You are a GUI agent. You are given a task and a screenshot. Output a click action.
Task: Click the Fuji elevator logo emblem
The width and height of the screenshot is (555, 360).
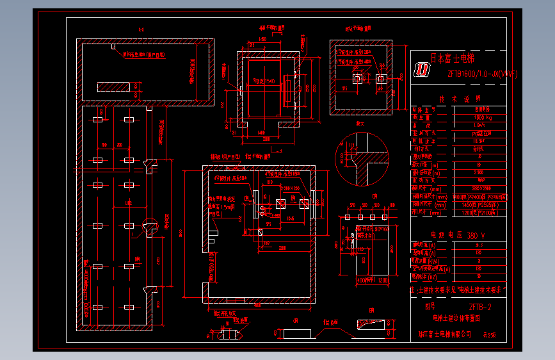[x=423, y=70]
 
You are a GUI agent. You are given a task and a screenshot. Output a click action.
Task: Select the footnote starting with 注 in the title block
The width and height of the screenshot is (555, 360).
[x=457, y=290]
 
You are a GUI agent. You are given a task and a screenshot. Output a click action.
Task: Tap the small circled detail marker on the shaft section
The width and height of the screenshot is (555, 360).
[x=149, y=225]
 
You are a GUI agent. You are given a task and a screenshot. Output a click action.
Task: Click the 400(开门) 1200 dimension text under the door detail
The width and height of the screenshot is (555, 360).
[x=372, y=280]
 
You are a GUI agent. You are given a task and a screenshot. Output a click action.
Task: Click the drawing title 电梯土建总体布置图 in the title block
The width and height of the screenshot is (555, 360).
[x=456, y=318]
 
